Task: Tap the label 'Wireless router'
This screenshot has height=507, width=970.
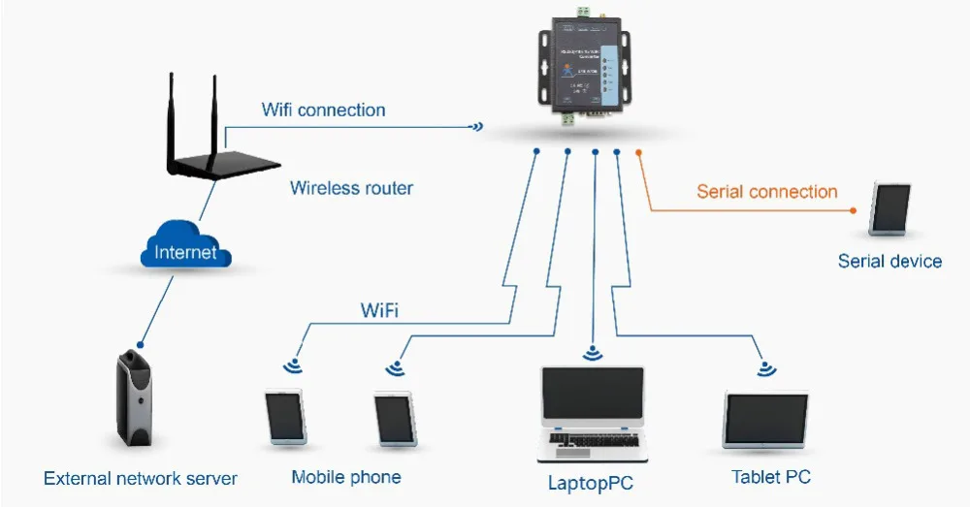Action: pos(351,188)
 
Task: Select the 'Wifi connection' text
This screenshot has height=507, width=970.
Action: pos(323,110)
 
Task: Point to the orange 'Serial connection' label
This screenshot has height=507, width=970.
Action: pos(766,191)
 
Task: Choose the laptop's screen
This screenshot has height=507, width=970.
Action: pos(592,398)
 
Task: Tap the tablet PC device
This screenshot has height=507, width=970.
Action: pos(766,420)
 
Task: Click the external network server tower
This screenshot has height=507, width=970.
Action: pos(134,398)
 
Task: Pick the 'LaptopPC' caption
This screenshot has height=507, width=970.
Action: pos(592,482)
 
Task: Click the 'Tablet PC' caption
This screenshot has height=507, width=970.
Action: pos(771,477)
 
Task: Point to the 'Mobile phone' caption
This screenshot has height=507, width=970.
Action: pos(346,477)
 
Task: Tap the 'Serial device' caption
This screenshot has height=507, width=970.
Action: pos(889,261)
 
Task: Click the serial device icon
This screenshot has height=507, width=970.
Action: pos(890,208)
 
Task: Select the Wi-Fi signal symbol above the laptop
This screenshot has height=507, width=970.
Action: pos(592,353)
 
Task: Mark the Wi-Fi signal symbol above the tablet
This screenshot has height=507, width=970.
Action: pos(766,367)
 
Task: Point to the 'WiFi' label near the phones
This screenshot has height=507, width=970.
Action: pos(380,311)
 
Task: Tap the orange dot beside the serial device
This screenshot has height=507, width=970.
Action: pos(853,209)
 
